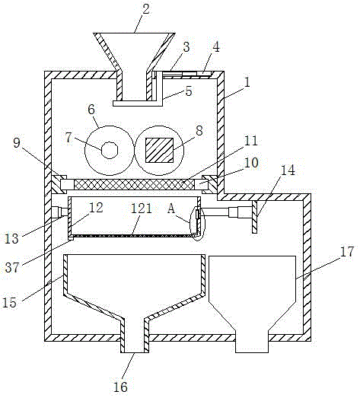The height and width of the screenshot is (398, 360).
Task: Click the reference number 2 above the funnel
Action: coord(146,9)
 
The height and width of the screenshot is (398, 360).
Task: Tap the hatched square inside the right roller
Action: coord(159,150)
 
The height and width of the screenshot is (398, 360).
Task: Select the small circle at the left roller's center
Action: coord(110,150)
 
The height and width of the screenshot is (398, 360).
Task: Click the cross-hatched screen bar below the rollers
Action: coord(133,184)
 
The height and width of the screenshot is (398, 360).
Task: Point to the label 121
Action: coord(142,209)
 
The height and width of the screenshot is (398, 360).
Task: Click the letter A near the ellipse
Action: coord(171,209)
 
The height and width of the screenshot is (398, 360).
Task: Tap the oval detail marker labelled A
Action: coord(198,224)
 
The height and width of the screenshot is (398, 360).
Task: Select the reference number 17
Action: coord(347,252)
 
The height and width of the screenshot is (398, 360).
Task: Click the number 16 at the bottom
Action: coord(120,387)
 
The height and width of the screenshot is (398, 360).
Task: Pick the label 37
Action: coord(12,267)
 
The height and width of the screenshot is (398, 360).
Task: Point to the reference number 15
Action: coord(9,302)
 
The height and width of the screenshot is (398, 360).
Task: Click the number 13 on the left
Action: coord(11,239)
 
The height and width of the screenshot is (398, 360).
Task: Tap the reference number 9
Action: coord(17,143)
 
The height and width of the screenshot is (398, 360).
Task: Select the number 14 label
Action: coord(288,170)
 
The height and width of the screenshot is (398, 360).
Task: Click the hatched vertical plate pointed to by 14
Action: coord(255,217)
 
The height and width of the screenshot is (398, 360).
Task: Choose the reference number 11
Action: coord(251,141)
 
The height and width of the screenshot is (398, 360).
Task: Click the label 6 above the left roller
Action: coord(91,110)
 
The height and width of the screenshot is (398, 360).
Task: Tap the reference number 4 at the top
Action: coord(216,47)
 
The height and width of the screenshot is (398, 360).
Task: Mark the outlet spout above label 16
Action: coord(135,336)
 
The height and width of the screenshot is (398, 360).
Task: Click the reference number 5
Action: coord(189,91)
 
